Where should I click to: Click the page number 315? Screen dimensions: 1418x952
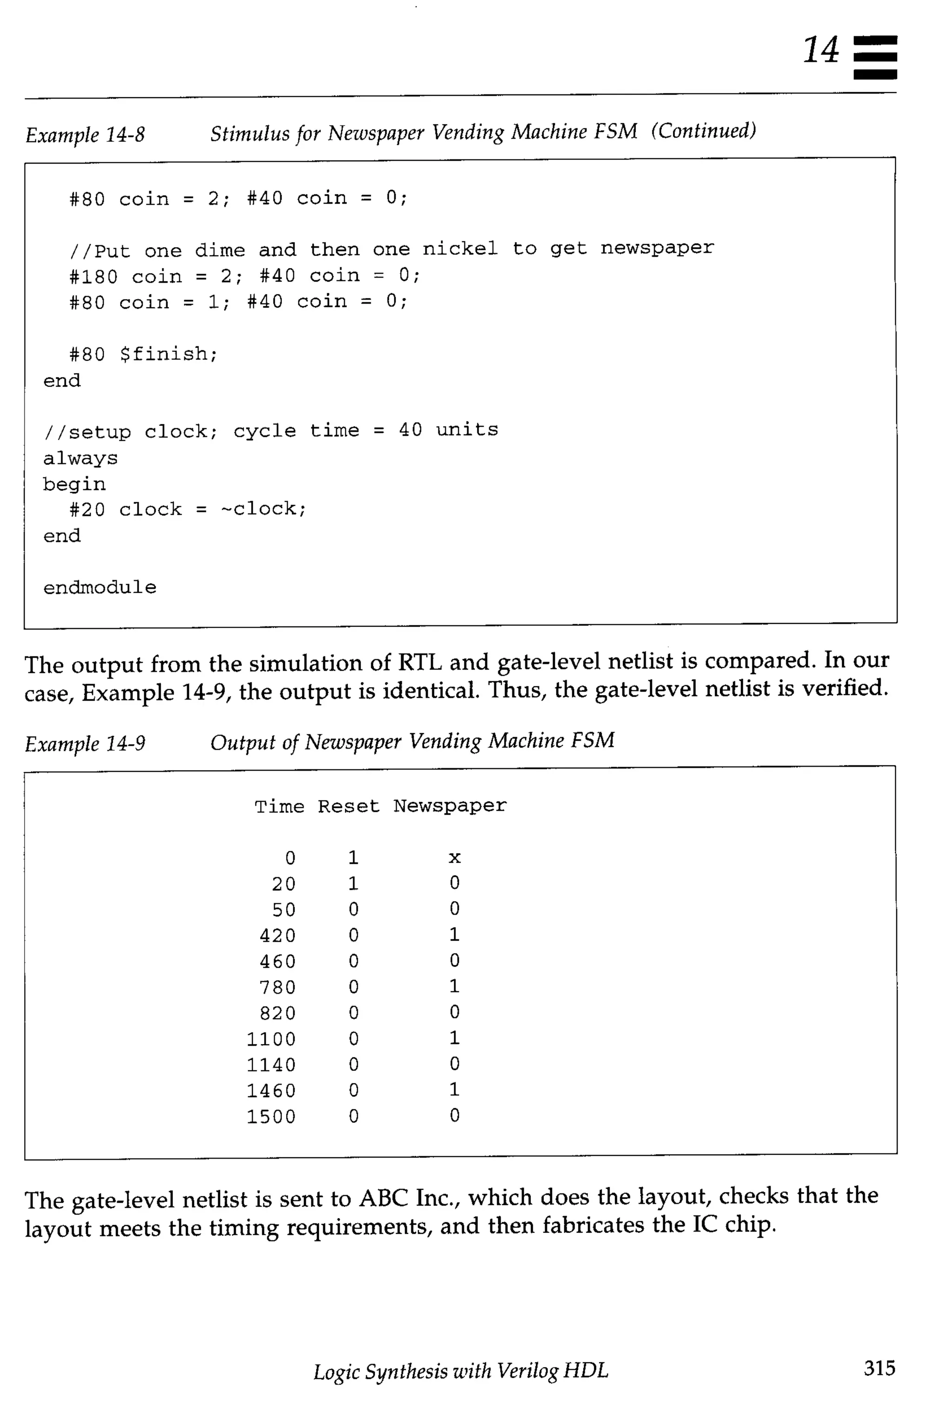(879, 1368)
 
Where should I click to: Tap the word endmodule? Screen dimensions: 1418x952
(99, 587)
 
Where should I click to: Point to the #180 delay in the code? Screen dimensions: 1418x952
(93, 277)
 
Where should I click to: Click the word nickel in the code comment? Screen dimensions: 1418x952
(460, 248)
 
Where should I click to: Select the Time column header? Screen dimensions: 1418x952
(279, 807)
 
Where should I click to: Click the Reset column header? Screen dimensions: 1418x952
(349, 807)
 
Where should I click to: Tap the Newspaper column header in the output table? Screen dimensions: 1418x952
(450, 806)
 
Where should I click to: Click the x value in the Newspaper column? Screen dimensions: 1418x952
(455, 857)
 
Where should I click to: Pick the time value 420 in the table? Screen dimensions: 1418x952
(278, 935)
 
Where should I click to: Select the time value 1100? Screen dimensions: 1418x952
(271, 1039)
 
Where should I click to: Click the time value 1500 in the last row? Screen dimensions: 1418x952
(271, 1117)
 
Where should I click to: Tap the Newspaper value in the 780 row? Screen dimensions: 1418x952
(455, 986)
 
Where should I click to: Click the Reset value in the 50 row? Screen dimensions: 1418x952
(354, 909)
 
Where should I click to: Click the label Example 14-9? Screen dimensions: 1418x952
(85, 743)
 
